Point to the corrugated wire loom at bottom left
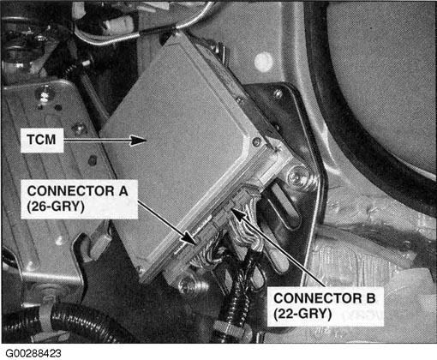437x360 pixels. point(60,323)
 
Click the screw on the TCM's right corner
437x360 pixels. point(255,142)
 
